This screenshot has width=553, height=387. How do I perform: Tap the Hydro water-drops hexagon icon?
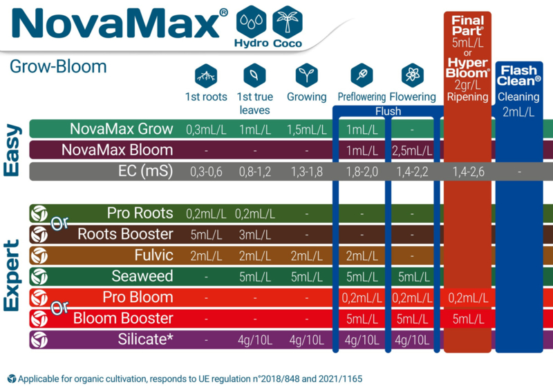(252, 22)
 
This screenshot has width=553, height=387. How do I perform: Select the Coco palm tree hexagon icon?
(288, 22)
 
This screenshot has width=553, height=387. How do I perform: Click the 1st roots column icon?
(206, 75)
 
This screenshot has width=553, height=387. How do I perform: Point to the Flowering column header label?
(413, 97)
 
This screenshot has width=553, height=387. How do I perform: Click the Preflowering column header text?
(362, 97)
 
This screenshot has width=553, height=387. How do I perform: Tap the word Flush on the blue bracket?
(388, 111)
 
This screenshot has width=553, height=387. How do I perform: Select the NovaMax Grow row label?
(122, 129)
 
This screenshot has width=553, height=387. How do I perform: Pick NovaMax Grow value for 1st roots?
(206, 130)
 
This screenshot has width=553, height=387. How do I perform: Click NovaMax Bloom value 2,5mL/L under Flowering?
(412, 151)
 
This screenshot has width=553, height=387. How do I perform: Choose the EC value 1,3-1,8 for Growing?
(306, 172)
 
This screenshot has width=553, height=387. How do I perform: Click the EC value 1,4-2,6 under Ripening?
(469, 172)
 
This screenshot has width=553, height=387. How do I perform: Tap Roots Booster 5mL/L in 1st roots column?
(206, 235)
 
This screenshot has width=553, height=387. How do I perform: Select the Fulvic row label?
(153, 255)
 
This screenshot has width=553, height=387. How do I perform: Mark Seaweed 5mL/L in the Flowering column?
(413, 277)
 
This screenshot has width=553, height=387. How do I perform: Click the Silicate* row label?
(145, 339)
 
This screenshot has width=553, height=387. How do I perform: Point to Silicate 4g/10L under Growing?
(306, 340)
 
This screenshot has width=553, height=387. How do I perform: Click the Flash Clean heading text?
(518, 76)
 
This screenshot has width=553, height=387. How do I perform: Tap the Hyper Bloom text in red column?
(468, 68)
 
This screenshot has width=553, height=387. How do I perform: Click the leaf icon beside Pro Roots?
(39, 213)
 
